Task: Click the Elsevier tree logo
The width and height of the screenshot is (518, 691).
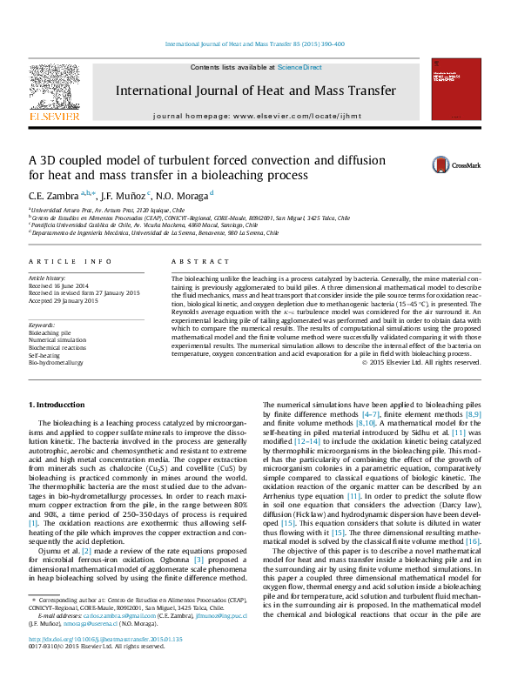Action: pyautogui.click(x=54, y=88)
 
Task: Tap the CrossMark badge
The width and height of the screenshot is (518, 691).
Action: pyautogui.click(x=460, y=164)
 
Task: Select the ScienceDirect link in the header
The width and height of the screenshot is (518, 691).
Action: pyautogui.click(x=299, y=67)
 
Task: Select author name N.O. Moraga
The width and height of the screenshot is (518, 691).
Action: pyautogui.click(x=184, y=196)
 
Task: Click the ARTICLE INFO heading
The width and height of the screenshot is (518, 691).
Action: pyautogui.click(x=71, y=261)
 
